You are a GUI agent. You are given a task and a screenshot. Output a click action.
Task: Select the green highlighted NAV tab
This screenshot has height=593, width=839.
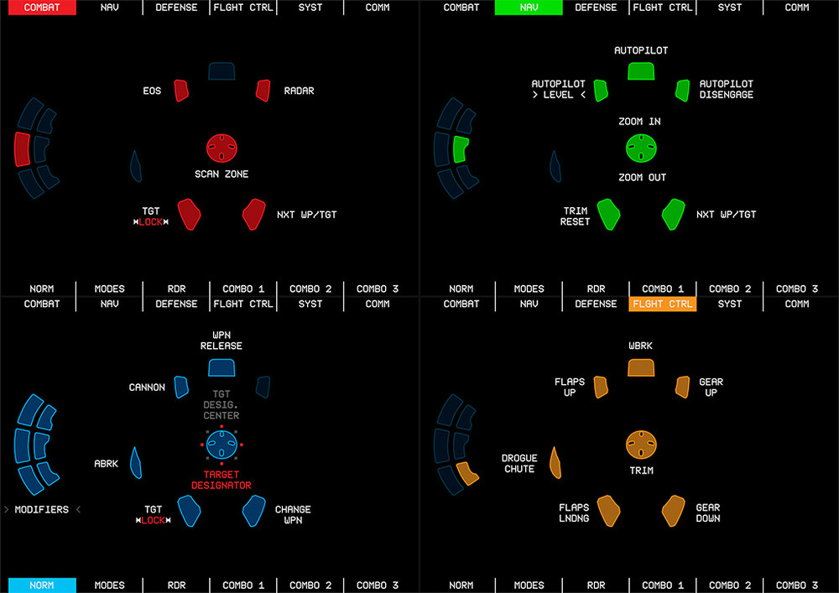point(529,8)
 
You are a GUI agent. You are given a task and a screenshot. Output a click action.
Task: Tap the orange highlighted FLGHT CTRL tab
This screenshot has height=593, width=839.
point(663,304)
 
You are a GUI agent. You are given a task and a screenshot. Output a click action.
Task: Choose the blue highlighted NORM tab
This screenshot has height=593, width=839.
point(41,585)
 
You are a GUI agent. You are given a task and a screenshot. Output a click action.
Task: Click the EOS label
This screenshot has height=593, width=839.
point(152,91)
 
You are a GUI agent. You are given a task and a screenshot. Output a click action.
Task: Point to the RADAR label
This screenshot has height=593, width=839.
point(299,91)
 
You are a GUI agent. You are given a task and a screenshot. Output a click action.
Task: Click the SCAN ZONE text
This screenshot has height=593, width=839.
point(222,174)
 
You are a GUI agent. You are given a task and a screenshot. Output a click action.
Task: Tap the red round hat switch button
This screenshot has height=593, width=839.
point(222,148)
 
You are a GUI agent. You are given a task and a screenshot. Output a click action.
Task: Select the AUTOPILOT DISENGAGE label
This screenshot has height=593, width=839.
point(727,90)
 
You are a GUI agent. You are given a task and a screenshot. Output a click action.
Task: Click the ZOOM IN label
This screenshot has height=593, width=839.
point(639,122)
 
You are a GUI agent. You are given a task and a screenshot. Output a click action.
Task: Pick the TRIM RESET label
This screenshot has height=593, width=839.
point(576,216)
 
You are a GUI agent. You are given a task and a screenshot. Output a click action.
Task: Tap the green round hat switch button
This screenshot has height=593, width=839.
point(641,148)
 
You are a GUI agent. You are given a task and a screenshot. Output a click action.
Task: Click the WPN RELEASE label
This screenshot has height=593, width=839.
point(221,341)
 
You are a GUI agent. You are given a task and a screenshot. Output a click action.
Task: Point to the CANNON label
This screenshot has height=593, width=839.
point(147,388)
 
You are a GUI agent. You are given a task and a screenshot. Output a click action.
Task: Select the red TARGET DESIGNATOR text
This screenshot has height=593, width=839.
point(221,480)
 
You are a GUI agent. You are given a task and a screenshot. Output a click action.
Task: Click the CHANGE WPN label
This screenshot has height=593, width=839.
point(293,515)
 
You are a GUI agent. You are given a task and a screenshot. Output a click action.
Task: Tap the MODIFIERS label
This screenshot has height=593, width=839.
point(41,510)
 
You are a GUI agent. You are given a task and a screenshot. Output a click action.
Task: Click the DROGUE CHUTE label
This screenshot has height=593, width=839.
point(519,464)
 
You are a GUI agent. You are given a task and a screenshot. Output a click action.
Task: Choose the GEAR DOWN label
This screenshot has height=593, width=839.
point(707,513)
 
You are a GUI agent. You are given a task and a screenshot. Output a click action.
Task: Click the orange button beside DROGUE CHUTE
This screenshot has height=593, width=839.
point(555,462)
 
